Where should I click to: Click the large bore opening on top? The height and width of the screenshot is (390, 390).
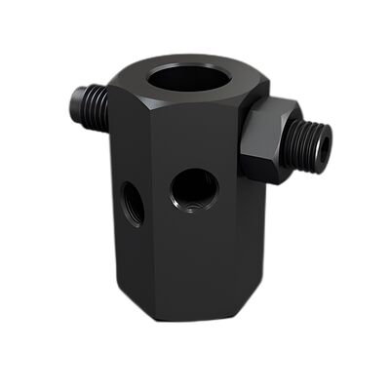(x=192, y=77)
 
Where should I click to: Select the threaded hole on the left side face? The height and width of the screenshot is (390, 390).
(x=132, y=201)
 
